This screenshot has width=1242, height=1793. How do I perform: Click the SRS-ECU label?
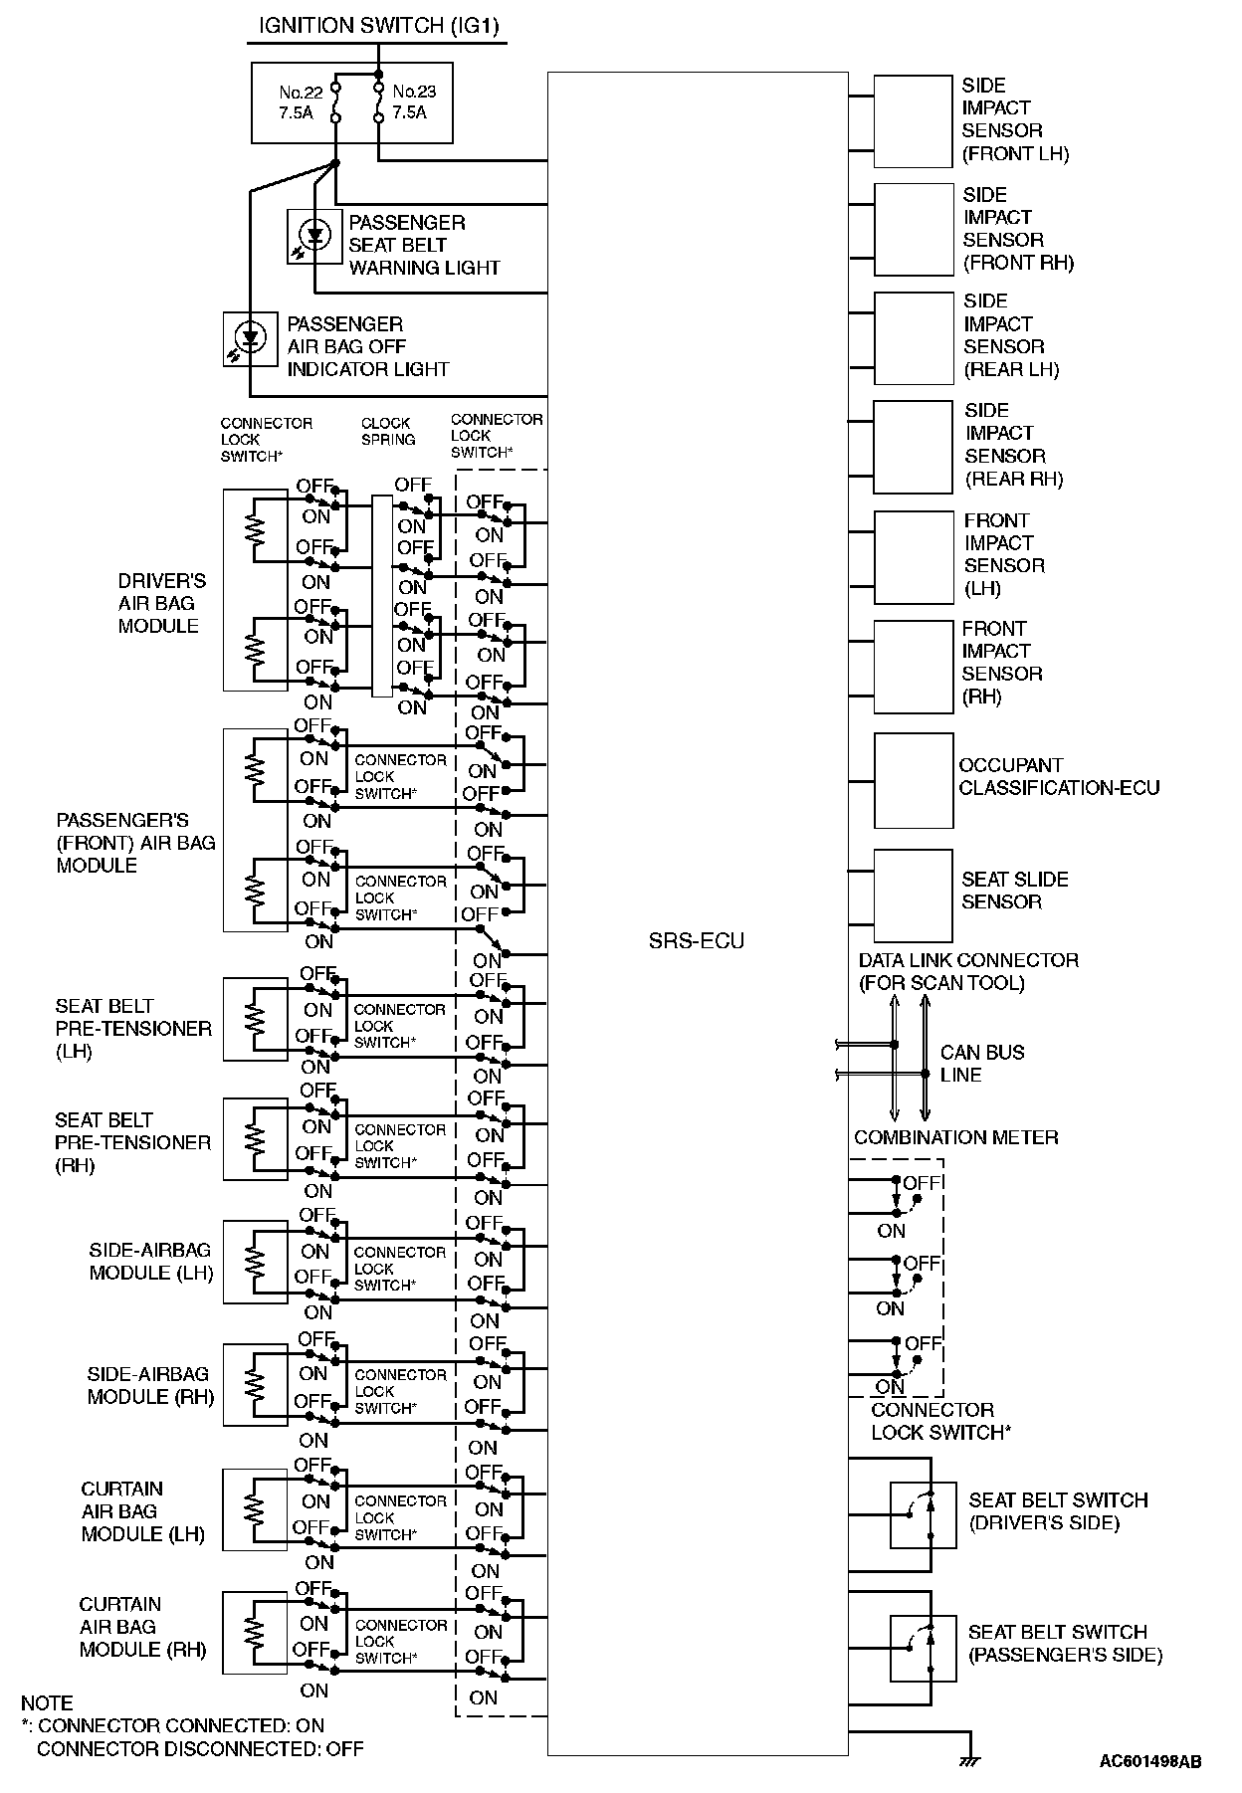(696, 941)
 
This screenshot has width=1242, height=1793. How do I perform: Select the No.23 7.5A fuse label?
(413, 102)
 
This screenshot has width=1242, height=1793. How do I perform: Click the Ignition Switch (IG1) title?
(378, 26)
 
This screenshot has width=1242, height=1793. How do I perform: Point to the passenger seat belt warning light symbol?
(314, 237)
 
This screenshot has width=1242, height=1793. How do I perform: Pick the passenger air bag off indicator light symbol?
(251, 338)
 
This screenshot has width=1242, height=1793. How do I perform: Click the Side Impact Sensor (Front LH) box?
(913, 119)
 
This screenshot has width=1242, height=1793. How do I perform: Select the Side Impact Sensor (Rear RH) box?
(913, 447)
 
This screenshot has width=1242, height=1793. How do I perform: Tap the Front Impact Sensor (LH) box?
(913, 555)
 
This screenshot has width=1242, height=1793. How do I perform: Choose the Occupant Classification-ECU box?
(913, 780)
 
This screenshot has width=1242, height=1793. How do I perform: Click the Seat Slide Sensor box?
(913, 895)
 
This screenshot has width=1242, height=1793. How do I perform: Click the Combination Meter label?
(955, 1137)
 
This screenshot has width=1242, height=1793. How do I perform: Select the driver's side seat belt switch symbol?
(923, 1514)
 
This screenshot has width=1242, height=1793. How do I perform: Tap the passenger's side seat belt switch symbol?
(923, 1647)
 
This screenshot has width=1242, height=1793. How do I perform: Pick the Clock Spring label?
(388, 431)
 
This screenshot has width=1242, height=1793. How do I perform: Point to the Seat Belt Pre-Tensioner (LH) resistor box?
(255, 1019)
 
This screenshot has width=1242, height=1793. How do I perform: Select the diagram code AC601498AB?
(1149, 1761)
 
